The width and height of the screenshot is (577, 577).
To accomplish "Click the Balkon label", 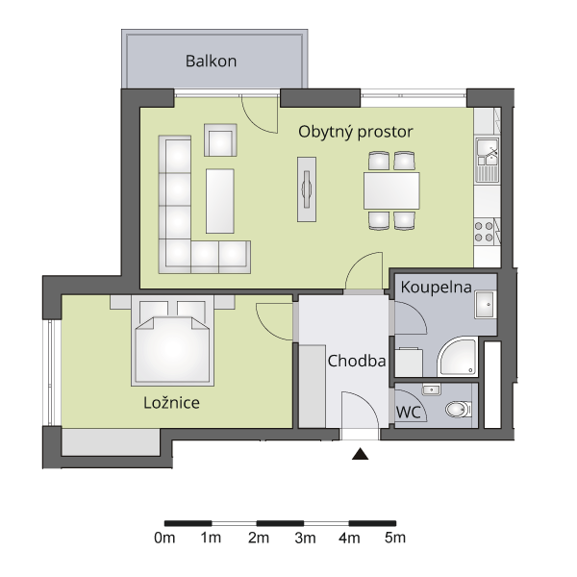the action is pos(211,62).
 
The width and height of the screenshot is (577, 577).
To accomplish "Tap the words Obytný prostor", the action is pos(356,132).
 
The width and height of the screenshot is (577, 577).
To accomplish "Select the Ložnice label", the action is pos(171,402).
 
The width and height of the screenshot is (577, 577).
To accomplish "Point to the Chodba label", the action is pos(357,361).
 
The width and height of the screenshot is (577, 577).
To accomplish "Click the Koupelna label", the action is pos(436,288).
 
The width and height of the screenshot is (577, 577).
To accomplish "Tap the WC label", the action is pos(408,413).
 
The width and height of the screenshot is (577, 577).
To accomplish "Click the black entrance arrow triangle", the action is pos(360,454).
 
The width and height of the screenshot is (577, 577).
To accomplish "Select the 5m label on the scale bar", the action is pos(395,538).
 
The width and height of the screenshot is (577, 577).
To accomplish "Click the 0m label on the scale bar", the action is pos(164,538).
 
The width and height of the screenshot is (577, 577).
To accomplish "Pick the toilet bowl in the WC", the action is pos(459,410).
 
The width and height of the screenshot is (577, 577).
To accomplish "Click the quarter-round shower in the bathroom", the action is pos(458,356).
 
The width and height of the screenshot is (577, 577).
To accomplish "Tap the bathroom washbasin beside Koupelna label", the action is pos(486,304).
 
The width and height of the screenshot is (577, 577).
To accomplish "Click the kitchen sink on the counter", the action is pos(488,160).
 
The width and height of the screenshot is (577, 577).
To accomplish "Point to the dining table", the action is pos(391,191).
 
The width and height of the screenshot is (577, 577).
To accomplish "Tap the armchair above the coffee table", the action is pos(220,140).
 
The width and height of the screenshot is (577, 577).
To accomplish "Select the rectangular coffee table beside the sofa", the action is pos(219,201).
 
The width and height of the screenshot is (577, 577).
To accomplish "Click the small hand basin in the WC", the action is pos(431,389).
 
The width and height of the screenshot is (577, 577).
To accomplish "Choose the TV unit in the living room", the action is pos(307,189).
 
